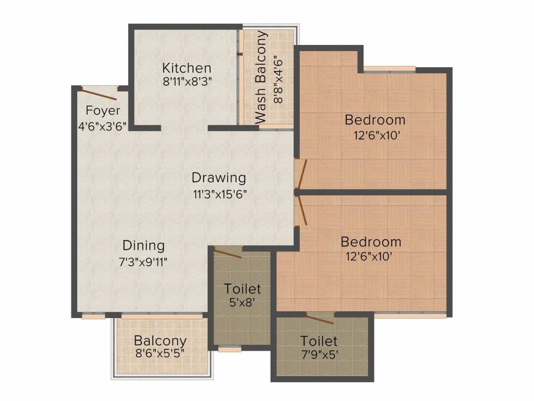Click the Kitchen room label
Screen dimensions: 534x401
(187, 68)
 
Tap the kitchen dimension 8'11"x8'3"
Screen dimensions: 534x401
(188, 82)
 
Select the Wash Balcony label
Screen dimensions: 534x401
(261, 77)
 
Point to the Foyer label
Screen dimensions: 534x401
(103, 111)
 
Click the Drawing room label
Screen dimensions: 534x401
(219, 178)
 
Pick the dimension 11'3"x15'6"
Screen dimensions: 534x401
(220, 194)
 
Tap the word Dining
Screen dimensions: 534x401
(144, 245)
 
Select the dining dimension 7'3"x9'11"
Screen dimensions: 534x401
(143, 262)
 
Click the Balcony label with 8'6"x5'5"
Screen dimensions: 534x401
(160, 340)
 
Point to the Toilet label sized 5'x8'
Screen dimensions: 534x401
(242, 289)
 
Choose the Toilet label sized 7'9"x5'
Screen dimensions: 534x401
(319, 341)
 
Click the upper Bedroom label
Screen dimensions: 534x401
(375, 120)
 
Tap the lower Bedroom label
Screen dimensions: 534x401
(371, 242)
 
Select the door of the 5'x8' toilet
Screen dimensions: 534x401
(227, 253)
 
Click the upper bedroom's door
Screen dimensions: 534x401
(302, 174)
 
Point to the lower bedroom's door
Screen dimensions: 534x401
(302, 211)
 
